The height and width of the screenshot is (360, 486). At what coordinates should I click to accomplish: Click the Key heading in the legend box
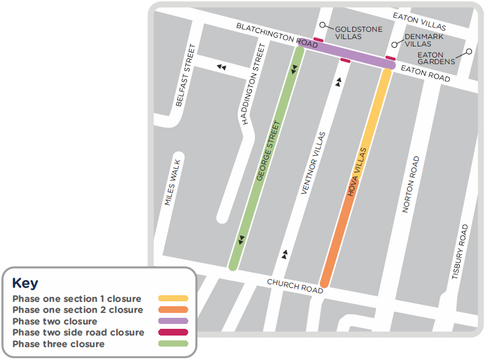point(25,283)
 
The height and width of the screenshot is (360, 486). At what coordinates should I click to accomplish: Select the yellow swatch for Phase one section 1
point(173,299)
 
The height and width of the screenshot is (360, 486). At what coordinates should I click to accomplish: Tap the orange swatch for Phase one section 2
point(173,310)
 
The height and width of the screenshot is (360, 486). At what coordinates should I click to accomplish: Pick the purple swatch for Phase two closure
point(173,321)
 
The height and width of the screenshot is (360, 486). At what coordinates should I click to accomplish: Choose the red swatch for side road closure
point(173,332)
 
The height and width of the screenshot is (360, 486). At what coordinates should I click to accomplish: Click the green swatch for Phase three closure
point(173,344)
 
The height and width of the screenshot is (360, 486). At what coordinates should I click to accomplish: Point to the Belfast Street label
point(185,76)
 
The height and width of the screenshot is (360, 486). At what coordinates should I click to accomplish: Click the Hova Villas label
point(358,172)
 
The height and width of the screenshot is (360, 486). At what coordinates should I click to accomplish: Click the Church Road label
point(295,286)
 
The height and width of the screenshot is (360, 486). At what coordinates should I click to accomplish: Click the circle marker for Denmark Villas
point(396,45)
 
